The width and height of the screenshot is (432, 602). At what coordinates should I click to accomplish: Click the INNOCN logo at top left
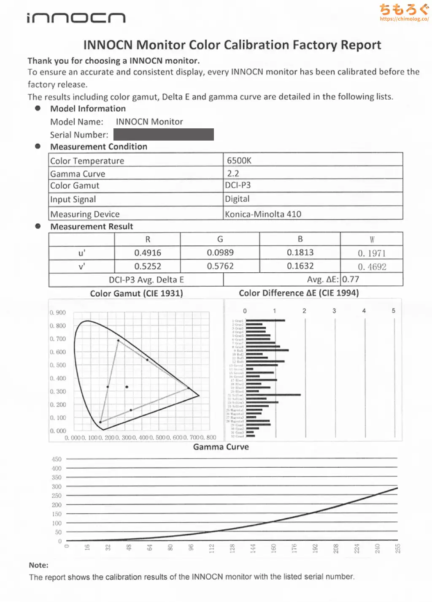(x=76, y=18)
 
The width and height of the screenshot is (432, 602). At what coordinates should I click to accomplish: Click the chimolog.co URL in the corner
(x=404, y=19)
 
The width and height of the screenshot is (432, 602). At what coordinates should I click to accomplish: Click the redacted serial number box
(x=164, y=135)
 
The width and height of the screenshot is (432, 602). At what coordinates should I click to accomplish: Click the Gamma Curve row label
(x=78, y=174)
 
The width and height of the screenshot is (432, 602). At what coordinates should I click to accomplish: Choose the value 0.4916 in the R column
(x=148, y=253)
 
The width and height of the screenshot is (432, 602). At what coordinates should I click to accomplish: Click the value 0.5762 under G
(x=220, y=266)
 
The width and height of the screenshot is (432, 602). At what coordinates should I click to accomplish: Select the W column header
(x=372, y=239)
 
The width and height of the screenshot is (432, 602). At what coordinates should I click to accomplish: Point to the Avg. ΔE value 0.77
(x=351, y=279)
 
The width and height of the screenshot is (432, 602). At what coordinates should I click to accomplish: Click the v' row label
(x=82, y=266)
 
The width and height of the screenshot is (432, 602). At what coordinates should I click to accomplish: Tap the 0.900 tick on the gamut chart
(x=58, y=312)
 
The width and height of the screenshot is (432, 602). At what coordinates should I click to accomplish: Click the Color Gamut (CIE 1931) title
(x=136, y=293)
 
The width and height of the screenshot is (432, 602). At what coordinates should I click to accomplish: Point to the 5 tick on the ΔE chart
(x=394, y=311)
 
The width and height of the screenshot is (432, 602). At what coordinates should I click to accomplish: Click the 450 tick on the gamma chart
(x=57, y=459)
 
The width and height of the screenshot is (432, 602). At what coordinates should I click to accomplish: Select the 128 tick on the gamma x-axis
(x=232, y=548)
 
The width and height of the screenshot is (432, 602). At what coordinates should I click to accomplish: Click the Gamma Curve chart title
(x=221, y=447)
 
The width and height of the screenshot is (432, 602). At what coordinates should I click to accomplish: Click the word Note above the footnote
(x=38, y=565)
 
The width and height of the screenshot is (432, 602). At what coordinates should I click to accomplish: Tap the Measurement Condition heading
(x=99, y=146)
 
